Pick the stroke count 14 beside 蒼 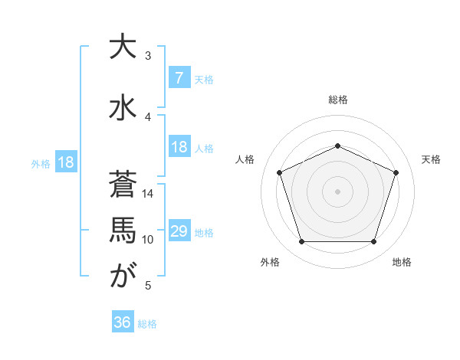(149, 194)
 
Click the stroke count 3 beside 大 (148, 56)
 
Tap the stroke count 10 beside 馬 (149, 240)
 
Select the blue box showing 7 (179, 78)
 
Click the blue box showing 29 (179, 231)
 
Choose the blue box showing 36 (122, 322)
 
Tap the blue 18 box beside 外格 (65, 162)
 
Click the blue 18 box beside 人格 (179, 147)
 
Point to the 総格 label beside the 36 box (147, 324)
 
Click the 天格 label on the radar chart (432, 159)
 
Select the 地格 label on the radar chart (402, 262)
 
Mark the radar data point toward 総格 (337, 146)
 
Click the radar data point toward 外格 (301, 242)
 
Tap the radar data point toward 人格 (279, 172)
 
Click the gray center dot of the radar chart (337, 191)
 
